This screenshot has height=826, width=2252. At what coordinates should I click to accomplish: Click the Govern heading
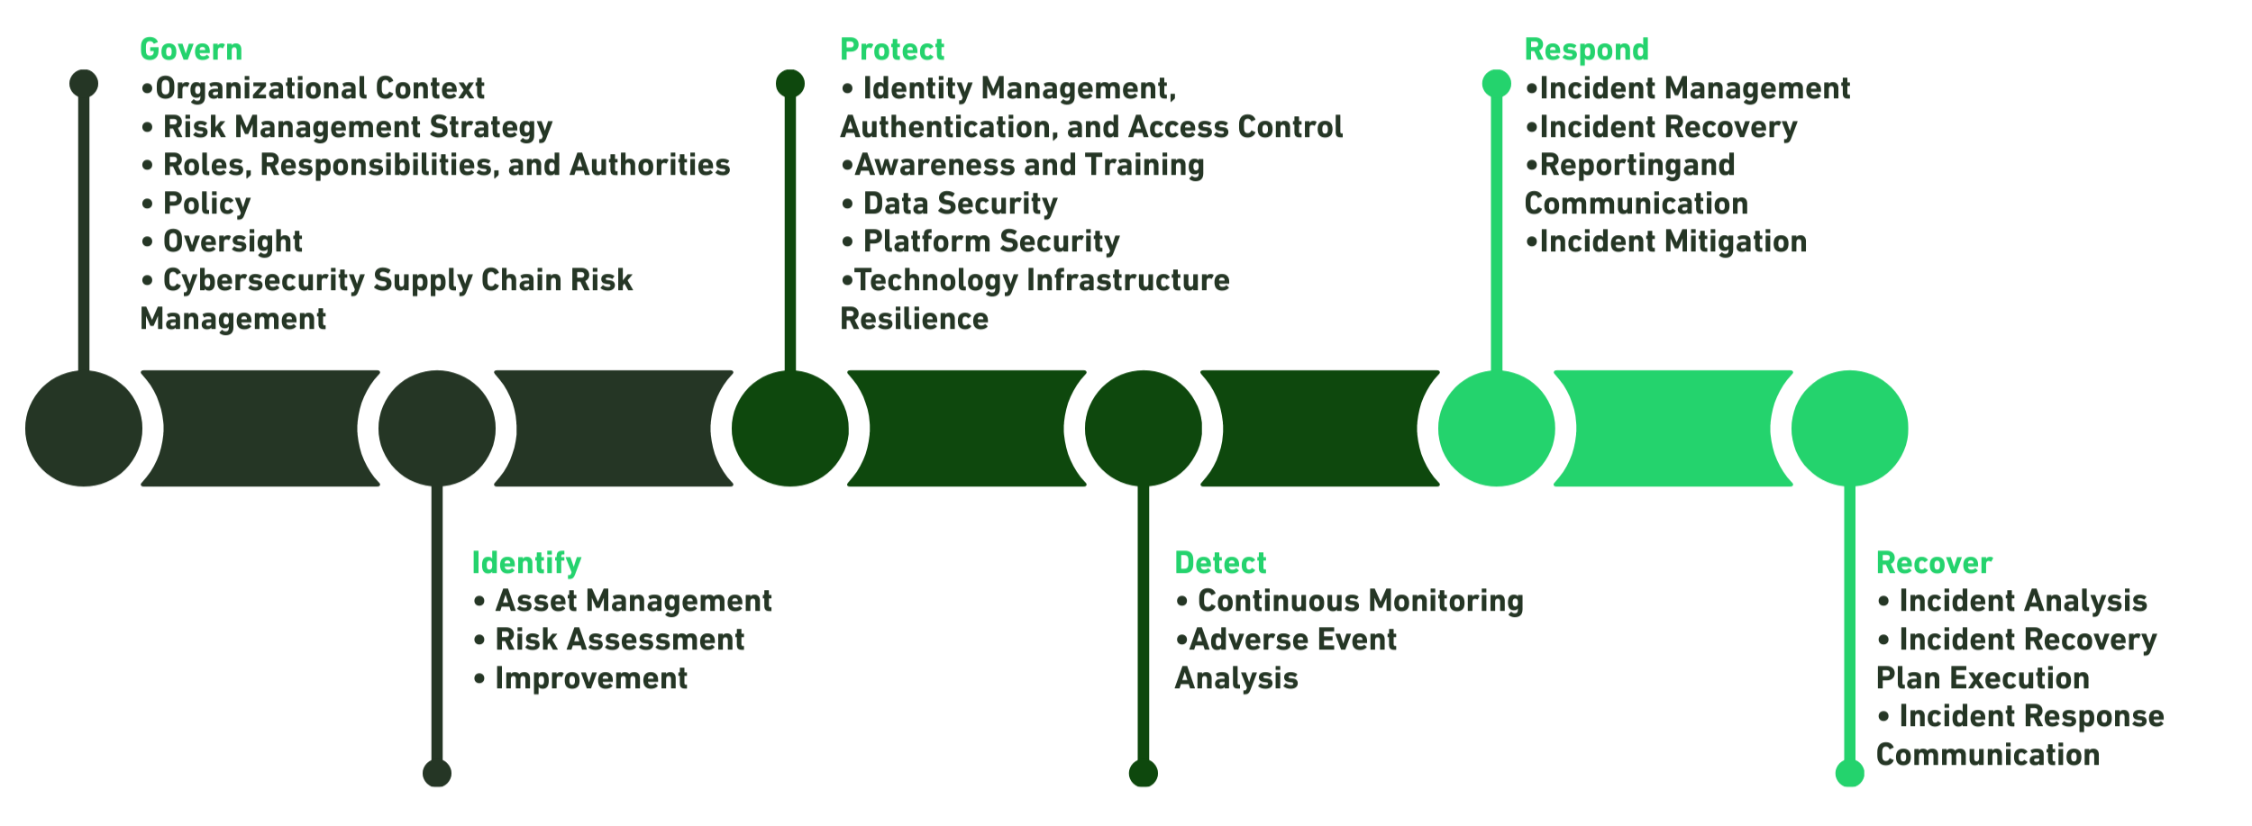click(191, 50)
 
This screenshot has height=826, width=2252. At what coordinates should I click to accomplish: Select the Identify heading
click(526, 563)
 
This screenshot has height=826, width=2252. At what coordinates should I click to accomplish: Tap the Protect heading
click(892, 50)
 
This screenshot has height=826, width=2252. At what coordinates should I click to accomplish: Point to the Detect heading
click(1220, 563)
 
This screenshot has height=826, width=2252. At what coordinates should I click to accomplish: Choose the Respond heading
click(1586, 50)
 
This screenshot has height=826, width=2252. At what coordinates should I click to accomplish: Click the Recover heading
click(1934, 563)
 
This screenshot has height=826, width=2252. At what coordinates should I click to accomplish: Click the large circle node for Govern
click(84, 429)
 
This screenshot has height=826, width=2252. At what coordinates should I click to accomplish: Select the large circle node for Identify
click(437, 429)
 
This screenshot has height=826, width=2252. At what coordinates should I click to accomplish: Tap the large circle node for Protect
click(790, 429)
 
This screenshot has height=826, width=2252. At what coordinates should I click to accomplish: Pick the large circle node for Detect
click(1144, 429)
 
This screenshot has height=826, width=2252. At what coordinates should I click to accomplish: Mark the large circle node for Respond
click(1497, 429)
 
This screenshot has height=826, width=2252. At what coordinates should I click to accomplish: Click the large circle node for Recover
click(1850, 429)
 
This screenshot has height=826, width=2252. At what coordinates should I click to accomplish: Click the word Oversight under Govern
click(232, 241)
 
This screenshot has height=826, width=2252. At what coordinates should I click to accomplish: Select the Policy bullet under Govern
click(206, 204)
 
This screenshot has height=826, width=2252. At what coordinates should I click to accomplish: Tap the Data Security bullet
click(960, 204)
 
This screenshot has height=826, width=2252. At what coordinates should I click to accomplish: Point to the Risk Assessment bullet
click(619, 640)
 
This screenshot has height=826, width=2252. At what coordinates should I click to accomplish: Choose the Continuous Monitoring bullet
click(1360, 601)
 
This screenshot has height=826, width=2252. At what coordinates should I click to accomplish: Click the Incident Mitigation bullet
click(1673, 241)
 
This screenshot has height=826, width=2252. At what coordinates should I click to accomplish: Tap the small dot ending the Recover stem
click(1850, 773)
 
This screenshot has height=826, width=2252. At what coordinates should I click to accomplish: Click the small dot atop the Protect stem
click(790, 84)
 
